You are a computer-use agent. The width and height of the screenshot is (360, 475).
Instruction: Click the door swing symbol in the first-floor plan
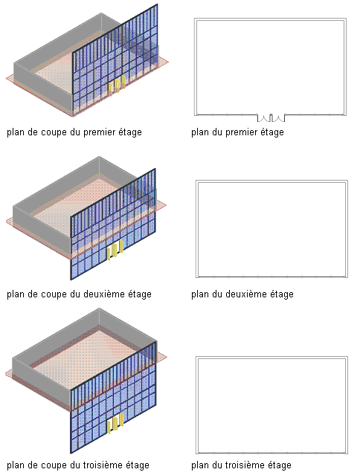pyautogui.click(x=271, y=118)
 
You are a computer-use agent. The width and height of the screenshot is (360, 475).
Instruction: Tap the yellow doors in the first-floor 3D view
pyautogui.click(x=117, y=85)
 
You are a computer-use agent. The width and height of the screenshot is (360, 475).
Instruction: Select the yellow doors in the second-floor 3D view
pyautogui.click(x=115, y=250)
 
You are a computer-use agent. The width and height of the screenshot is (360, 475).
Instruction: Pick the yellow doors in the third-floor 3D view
pyautogui.click(x=115, y=423)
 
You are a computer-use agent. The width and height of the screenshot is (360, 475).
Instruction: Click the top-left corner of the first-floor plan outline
pyautogui.click(x=195, y=19)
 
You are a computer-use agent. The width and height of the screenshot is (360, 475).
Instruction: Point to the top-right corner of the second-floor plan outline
pyautogui.click(x=347, y=181)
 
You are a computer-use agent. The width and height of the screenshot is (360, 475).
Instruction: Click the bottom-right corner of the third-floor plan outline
pyautogui.click(x=347, y=453)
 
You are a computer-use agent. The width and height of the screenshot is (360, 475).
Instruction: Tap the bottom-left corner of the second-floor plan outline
pyautogui.click(x=196, y=277)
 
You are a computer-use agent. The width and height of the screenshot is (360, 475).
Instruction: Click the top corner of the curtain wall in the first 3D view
pyautogui.click(x=157, y=4)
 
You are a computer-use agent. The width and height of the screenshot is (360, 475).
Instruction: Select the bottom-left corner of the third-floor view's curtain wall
pyautogui.click(x=71, y=453)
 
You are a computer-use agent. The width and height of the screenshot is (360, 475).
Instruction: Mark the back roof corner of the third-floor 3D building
pyautogui.click(x=99, y=308)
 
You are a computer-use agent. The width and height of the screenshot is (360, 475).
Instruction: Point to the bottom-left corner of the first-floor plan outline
pyautogui.click(x=195, y=115)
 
